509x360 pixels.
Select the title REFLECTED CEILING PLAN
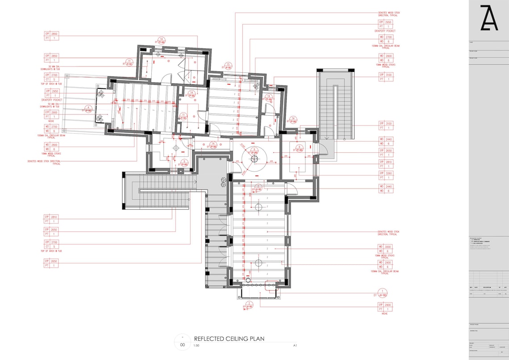tap(229, 339)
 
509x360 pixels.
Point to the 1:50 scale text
tap(197, 346)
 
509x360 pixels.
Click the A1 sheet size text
tap(295, 346)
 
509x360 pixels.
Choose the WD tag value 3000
tap(388, 247)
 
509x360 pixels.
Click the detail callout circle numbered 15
tap(228, 65)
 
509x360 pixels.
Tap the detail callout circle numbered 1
tap(382, 293)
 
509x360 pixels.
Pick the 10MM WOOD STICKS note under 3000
tap(385, 256)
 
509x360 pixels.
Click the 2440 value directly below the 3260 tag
tap(388, 186)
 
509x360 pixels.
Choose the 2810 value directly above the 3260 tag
tap(388, 162)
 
